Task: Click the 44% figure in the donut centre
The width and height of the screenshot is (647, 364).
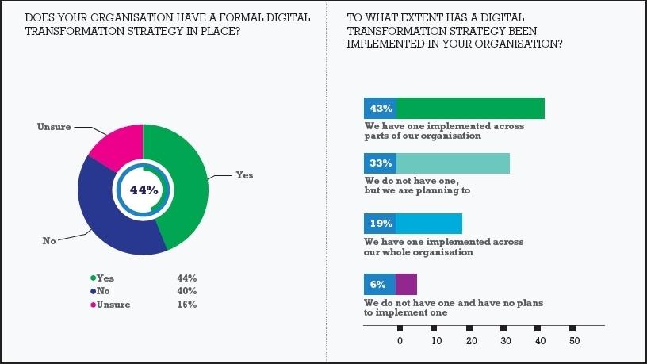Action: [x=144, y=190]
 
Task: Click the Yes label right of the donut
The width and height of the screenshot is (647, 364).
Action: [x=244, y=174]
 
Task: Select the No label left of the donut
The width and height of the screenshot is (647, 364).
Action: [x=49, y=239]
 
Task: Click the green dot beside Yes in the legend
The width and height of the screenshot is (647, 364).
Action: [x=93, y=278]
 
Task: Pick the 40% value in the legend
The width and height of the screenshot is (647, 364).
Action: [x=186, y=291]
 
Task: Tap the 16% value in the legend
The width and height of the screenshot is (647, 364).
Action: [x=186, y=305]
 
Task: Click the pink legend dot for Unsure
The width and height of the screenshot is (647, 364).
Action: [x=93, y=305]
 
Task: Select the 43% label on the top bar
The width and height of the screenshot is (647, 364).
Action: [x=380, y=108]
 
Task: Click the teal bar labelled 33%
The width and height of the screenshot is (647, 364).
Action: [x=453, y=163]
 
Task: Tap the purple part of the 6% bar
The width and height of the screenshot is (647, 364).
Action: [x=406, y=284]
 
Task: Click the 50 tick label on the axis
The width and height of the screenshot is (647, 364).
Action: [x=575, y=341]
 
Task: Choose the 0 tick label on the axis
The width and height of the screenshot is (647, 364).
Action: [x=400, y=341]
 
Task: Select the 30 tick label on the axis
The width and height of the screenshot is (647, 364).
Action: [x=504, y=341]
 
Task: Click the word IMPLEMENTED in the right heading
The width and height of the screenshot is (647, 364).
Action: [x=385, y=45]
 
